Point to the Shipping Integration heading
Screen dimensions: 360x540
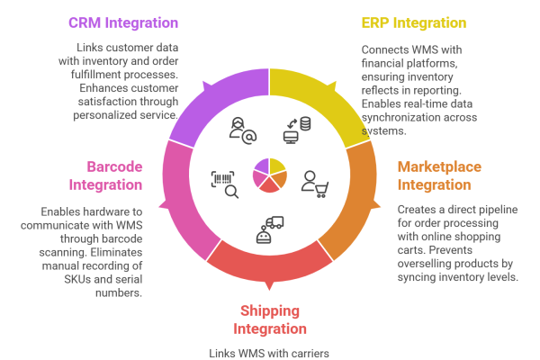click(x=270, y=319)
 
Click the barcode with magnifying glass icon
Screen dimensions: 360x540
click(x=224, y=183)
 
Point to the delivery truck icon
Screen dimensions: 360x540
click(x=269, y=229)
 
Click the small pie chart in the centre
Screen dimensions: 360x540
click(x=269, y=174)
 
